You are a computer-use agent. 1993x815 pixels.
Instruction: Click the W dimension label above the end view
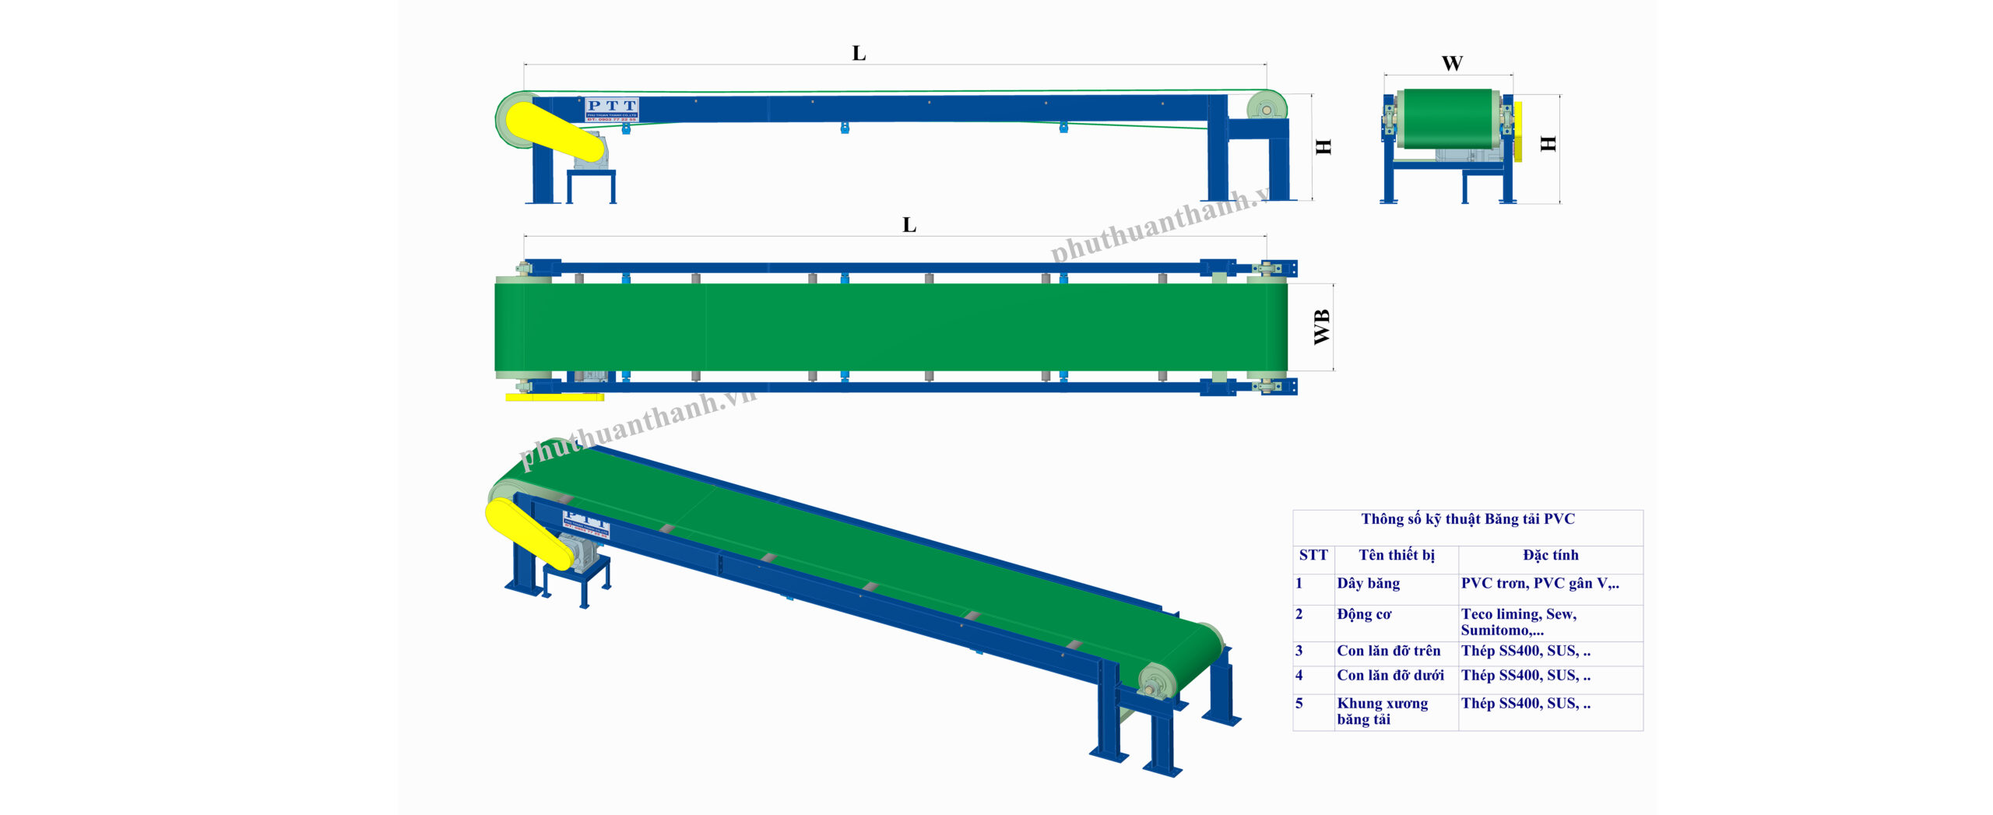(1452, 63)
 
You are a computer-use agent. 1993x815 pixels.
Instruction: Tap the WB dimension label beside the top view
(1322, 327)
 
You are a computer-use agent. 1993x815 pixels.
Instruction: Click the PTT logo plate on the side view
(612, 109)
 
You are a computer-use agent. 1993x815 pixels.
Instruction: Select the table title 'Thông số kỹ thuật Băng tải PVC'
(1468, 519)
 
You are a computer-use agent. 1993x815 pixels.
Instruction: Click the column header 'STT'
(1313, 555)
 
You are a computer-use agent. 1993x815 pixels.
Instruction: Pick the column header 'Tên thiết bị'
(1397, 555)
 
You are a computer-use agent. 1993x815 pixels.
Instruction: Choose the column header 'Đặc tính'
(1551, 555)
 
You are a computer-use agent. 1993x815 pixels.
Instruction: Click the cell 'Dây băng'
(1369, 583)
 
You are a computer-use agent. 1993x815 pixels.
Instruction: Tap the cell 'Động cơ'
(1364, 614)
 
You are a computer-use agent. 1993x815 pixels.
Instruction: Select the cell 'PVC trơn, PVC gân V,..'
(1540, 583)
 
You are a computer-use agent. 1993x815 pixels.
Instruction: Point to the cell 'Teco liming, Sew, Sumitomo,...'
(1518, 622)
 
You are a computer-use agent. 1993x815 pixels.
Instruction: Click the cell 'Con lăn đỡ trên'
(1389, 651)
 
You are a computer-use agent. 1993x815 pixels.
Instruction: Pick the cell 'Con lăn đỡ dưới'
(1390, 676)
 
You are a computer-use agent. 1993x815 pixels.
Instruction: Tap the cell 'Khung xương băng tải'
(1382, 711)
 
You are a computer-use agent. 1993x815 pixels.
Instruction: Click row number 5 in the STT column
(1299, 704)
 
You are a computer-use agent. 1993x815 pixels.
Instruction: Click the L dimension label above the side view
(859, 53)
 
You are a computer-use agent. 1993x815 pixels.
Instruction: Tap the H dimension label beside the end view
(1548, 143)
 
